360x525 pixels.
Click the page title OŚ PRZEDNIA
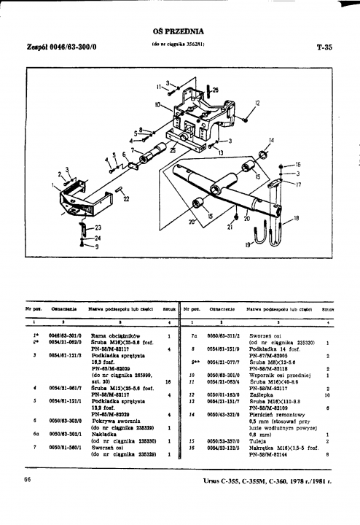click(178, 31)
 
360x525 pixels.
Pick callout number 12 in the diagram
click(257, 104)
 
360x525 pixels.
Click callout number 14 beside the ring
click(271, 140)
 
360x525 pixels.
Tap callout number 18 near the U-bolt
click(296, 218)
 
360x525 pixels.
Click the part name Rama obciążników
click(111, 335)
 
